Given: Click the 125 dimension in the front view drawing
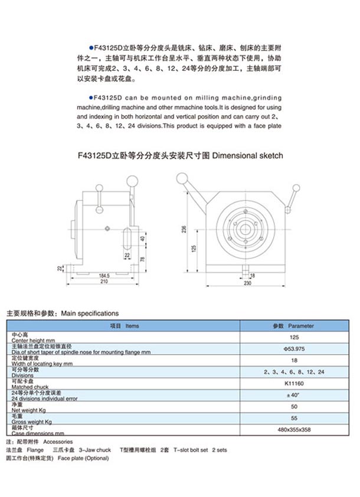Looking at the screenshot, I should pyautogui.click(x=193, y=248).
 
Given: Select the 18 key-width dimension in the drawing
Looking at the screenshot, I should pyautogui.click(x=252, y=275).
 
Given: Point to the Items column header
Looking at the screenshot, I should pyautogui.click(x=125, y=326).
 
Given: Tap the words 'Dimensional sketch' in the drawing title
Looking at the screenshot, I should pyautogui.click(x=247, y=156).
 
